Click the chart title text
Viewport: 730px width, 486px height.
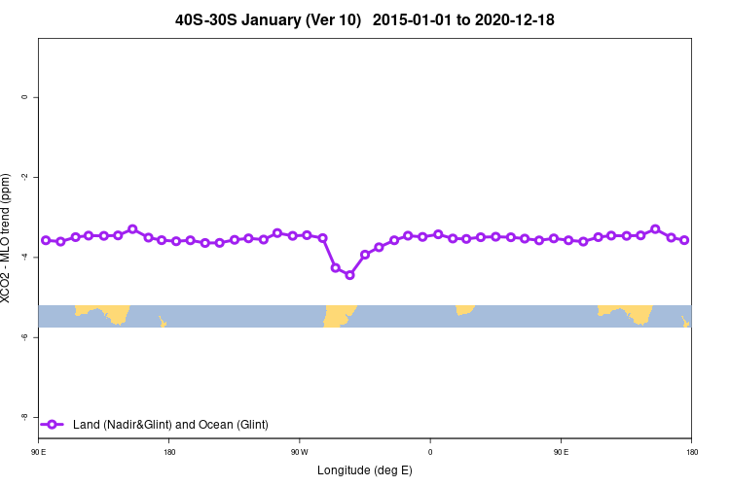click(365, 19)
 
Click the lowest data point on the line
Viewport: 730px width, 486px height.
click(349, 275)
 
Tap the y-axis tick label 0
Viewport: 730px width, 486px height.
click(24, 97)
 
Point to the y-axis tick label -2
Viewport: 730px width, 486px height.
click(24, 177)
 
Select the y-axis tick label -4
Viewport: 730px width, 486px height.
click(24, 257)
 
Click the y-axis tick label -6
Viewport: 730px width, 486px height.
click(24, 336)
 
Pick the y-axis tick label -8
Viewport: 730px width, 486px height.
click(24, 416)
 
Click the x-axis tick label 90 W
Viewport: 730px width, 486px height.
click(299, 452)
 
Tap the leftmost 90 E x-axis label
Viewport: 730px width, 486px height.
click(39, 452)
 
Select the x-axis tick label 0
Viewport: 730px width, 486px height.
click(430, 452)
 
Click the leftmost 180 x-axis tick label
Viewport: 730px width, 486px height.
click(169, 452)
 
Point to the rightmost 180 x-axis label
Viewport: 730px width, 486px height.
click(691, 452)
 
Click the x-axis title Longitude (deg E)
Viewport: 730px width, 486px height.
click(365, 470)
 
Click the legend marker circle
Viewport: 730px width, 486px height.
click(53, 424)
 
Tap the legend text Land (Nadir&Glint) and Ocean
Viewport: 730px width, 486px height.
click(170, 424)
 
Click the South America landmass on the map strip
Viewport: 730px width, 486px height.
click(339, 315)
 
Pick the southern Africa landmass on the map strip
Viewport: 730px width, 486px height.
click(464, 309)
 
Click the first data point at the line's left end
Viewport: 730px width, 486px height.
click(46, 239)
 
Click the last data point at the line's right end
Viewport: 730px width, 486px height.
click(684, 239)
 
